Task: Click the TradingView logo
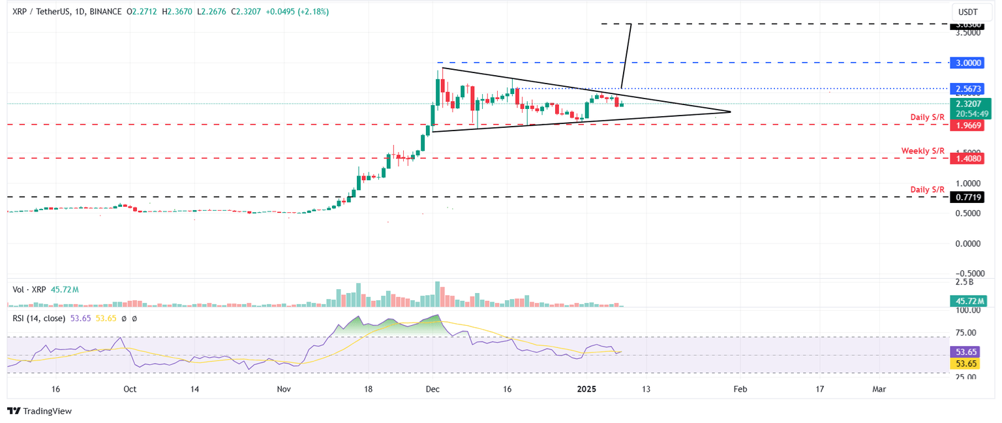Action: point(39,411)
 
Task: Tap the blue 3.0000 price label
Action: point(969,63)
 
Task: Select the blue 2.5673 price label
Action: point(969,88)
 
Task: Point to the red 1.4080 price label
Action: point(969,158)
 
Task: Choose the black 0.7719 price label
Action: point(969,196)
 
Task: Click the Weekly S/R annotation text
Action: point(922,151)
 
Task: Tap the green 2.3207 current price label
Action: point(969,103)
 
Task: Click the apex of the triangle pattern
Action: point(729,112)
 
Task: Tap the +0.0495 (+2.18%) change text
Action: point(297,12)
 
